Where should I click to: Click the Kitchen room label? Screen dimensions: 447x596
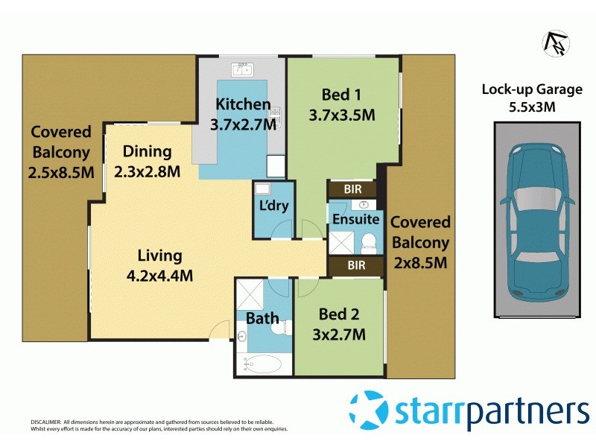pyautogui.click(x=243, y=104)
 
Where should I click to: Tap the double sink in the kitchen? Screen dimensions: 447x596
pyautogui.click(x=242, y=72)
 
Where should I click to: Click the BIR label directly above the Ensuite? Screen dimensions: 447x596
pyautogui.click(x=355, y=190)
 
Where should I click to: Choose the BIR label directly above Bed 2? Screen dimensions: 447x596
pyautogui.click(x=355, y=264)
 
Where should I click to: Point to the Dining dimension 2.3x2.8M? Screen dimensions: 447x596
pyautogui.click(x=148, y=171)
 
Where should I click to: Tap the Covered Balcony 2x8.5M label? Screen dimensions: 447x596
pyautogui.click(x=419, y=242)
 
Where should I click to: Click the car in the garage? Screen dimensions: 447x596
pyautogui.click(x=538, y=221)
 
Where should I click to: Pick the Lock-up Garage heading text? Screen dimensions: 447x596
pyautogui.click(x=531, y=90)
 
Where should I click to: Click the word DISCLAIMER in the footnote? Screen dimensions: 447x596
pyautogui.click(x=45, y=422)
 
